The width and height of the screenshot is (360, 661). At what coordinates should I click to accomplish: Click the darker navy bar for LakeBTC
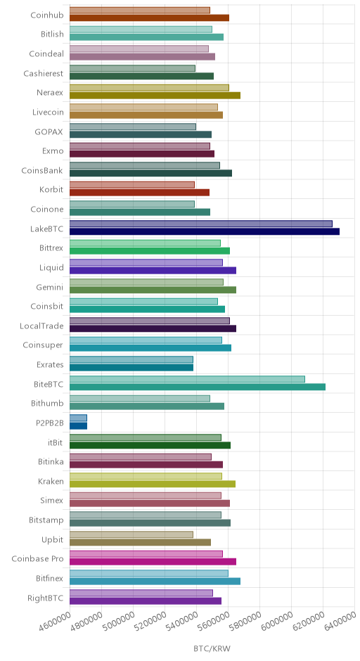[205, 231]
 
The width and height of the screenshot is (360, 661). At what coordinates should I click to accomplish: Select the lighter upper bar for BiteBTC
[187, 380]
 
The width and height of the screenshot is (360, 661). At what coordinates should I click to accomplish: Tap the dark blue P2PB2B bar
[79, 425]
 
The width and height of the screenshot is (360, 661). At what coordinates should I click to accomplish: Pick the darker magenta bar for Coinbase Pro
[153, 562]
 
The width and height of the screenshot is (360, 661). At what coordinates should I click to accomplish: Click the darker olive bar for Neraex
[155, 96]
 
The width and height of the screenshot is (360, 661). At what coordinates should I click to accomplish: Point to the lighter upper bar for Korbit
[132, 185]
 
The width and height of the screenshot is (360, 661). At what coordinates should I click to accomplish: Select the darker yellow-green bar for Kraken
[152, 484]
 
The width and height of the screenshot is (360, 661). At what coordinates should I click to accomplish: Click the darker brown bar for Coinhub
[149, 18]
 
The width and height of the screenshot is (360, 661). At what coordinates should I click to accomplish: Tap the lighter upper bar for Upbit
[131, 534]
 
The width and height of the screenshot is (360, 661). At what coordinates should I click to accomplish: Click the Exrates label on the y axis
[50, 365]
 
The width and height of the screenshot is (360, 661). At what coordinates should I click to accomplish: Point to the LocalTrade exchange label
[41, 326]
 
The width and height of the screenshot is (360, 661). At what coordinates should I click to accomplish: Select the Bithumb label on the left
[47, 404]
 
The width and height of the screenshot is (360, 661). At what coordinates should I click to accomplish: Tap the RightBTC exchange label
[46, 598]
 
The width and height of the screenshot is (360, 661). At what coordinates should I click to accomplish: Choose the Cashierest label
[44, 73]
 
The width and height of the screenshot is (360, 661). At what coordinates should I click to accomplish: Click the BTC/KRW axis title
[212, 648]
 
